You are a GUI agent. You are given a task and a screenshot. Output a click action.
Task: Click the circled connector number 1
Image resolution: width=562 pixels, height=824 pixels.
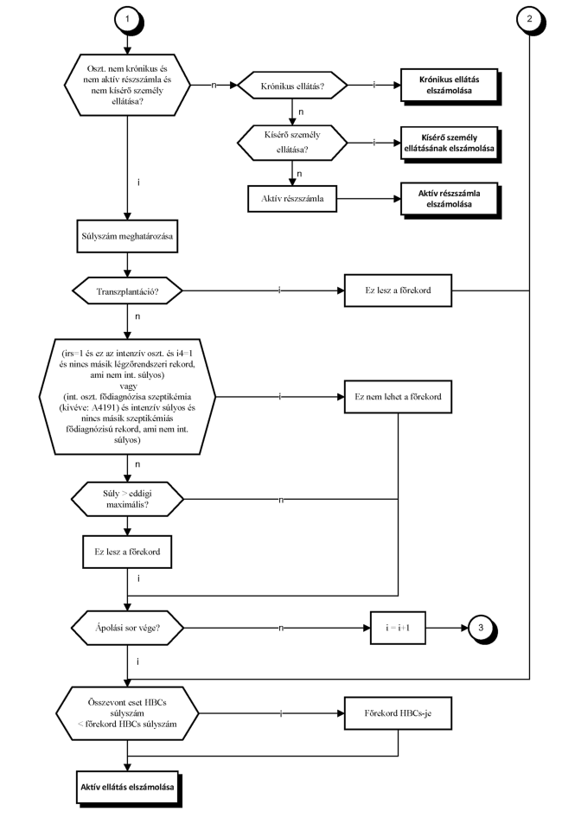point(127,19)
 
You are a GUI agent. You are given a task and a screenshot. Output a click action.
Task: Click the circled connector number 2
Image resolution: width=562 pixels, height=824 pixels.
point(529,19)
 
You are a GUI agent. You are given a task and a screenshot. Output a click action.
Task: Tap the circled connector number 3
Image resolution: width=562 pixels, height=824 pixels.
point(481,628)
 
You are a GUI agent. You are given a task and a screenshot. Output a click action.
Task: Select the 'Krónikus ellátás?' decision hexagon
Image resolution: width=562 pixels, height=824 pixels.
point(292,86)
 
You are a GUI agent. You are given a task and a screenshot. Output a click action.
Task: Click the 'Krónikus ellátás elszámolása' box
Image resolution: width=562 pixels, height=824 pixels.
point(450,85)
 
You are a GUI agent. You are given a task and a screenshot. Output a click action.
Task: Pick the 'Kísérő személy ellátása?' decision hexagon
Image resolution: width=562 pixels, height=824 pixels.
point(292,143)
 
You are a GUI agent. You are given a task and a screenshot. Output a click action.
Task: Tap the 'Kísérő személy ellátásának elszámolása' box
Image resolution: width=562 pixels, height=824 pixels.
point(450,143)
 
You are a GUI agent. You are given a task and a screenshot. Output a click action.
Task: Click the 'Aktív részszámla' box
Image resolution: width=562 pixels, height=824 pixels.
point(292,199)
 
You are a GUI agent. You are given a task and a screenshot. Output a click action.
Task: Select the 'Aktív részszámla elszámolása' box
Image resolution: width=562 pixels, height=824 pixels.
point(450,199)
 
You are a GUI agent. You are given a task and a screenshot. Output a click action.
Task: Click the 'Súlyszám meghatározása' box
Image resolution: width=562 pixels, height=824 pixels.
point(127,236)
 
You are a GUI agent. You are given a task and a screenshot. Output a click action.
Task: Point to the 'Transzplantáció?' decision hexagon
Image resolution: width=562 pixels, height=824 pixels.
point(127,291)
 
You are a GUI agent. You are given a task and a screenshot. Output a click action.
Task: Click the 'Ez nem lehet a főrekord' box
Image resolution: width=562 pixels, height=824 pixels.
point(398,397)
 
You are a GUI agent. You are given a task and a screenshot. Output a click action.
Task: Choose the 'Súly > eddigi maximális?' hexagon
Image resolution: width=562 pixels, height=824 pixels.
point(127,499)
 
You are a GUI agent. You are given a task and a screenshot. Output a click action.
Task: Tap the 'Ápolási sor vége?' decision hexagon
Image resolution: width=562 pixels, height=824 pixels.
point(127,628)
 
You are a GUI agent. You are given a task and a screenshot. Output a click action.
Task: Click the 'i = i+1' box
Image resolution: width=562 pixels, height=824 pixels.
point(398,628)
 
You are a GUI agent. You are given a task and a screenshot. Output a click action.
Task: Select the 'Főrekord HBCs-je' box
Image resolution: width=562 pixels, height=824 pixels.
point(398,713)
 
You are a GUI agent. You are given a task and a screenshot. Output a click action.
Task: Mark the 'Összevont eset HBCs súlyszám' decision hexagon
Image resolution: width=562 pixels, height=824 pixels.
point(127,713)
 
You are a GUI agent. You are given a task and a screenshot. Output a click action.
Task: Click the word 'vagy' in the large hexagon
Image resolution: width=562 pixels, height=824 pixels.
point(128,386)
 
